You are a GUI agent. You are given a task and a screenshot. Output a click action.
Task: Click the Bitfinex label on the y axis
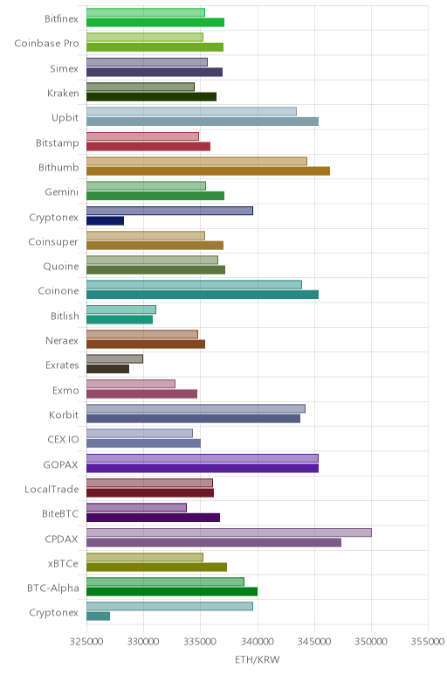pyautogui.click(x=61, y=18)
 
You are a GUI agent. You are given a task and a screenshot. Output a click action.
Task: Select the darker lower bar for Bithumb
pyautogui.click(x=208, y=171)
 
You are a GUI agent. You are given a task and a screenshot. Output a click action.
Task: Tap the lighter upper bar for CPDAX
pyautogui.click(x=229, y=532)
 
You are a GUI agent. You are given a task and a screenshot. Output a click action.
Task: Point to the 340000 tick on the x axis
pyautogui.click(x=258, y=642)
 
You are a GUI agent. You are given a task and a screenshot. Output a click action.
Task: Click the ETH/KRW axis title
pyautogui.click(x=257, y=659)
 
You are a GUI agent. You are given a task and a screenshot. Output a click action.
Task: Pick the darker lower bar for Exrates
pyautogui.click(x=108, y=369)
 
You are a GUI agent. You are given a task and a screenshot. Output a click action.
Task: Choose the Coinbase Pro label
pyautogui.click(x=47, y=44)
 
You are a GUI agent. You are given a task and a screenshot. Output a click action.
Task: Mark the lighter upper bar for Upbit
pyautogui.click(x=192, y=112)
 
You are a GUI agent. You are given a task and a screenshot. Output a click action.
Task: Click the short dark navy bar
pyautogui.click(x=106, y=221)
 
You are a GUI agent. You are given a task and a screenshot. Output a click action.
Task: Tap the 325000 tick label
pyautogui.click(x=86, y=642)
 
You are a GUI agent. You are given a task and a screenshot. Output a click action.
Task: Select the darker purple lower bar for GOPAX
pyautogui.click(x=203, y=469)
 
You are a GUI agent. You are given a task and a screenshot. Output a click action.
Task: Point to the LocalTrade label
pyautogui.click(x=52, y=489)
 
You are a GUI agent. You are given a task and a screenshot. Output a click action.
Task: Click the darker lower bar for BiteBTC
pyautogui.click(x=153, y=518)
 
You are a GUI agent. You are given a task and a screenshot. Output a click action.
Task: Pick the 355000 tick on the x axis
pyautogui.click(x=428, y=642)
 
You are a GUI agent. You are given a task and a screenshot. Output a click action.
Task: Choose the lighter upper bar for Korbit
pyautogui.click(x=196, y=408)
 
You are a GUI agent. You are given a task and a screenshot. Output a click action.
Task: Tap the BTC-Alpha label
pyautogui.click(x=53, y=588)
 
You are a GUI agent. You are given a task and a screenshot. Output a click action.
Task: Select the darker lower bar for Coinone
pyautogui.click(x=203, y=295)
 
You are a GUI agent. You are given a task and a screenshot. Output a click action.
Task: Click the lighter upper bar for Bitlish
pyautogui.click(x=121, y=310)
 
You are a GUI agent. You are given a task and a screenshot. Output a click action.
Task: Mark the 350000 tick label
pyautogui.click(x=371, y=642)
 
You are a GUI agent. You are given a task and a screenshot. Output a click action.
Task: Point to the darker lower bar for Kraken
pyautogui.click(x=151, y=97)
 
